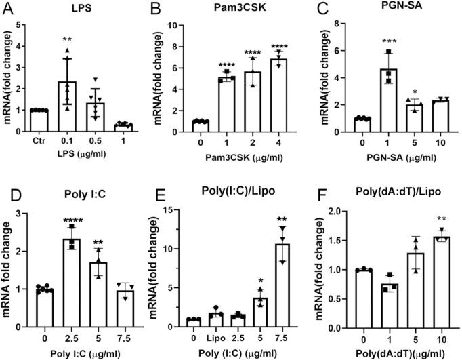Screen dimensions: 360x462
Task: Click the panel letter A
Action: pos(12,10)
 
